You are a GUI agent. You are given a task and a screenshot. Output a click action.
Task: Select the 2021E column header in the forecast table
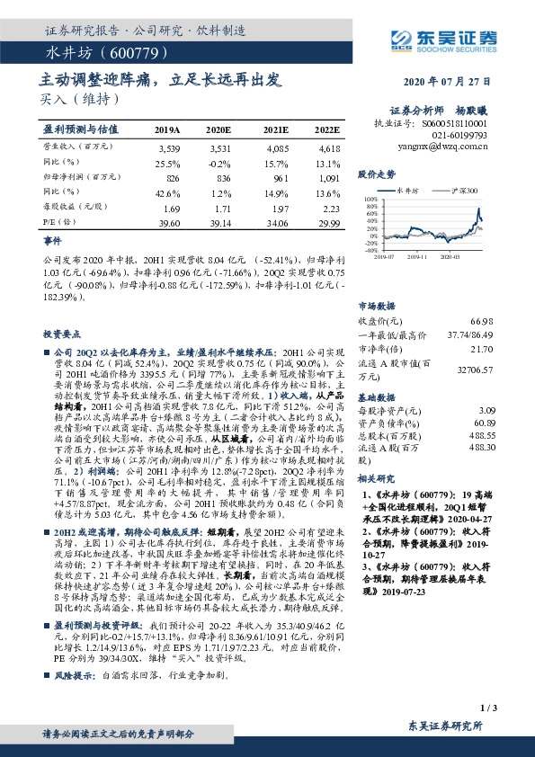tap(277, 129)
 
